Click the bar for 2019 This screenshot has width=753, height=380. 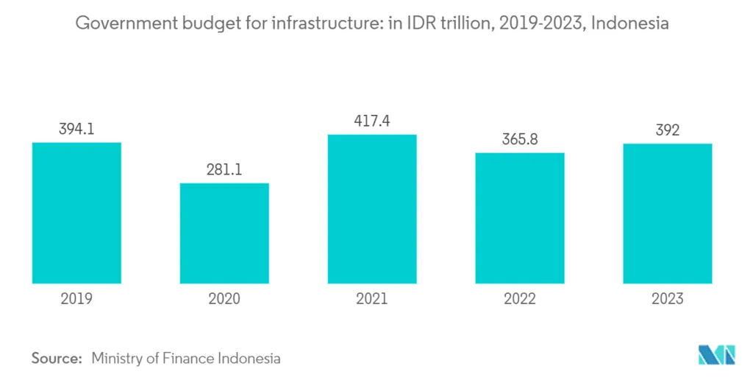pyautogui.click(x=76, y=213)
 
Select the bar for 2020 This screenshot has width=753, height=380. pyautogui.click(x=224, y=233)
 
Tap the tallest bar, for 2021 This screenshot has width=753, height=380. pyautogui.click(x=372, y=209)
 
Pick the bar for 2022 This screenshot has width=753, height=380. pyautogui.click(x=520, y=218)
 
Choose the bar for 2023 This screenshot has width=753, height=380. pyautogui.click(x=668, y=214)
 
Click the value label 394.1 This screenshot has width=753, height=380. pyautogui.click(x=76, y=130)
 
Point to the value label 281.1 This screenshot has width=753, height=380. pyautogui.click(x=224, y=170)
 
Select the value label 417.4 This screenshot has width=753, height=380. pyautogui.click(x=372, y=122)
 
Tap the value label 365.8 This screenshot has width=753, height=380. pyautogui.click(x=520, y=140)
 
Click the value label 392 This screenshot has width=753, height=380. pyautogui.click(x=668, y=130)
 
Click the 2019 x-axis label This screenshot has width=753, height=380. pyautogui.click(x=76, y=298)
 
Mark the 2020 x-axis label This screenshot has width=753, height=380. pyautogui.click(x=224, y=298)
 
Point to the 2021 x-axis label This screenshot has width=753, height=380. pyautogui.click(x=372, y=298)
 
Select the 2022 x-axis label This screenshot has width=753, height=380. pyautogui.click(x=520, y=298)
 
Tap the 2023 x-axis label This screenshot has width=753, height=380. pyautogui.click(x=668, y=298)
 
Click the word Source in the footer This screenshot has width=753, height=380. pyautogui.click(x=56, y=359)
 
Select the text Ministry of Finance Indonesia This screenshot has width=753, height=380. pyautogui.click(x=186, y=359)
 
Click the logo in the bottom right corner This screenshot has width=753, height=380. pyautogui.click(x=715, y=355)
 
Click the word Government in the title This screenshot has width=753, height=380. pyautogui.click(x=124, y=24)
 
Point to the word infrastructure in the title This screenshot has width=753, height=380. pyautogui.click(x=326, y=24)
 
